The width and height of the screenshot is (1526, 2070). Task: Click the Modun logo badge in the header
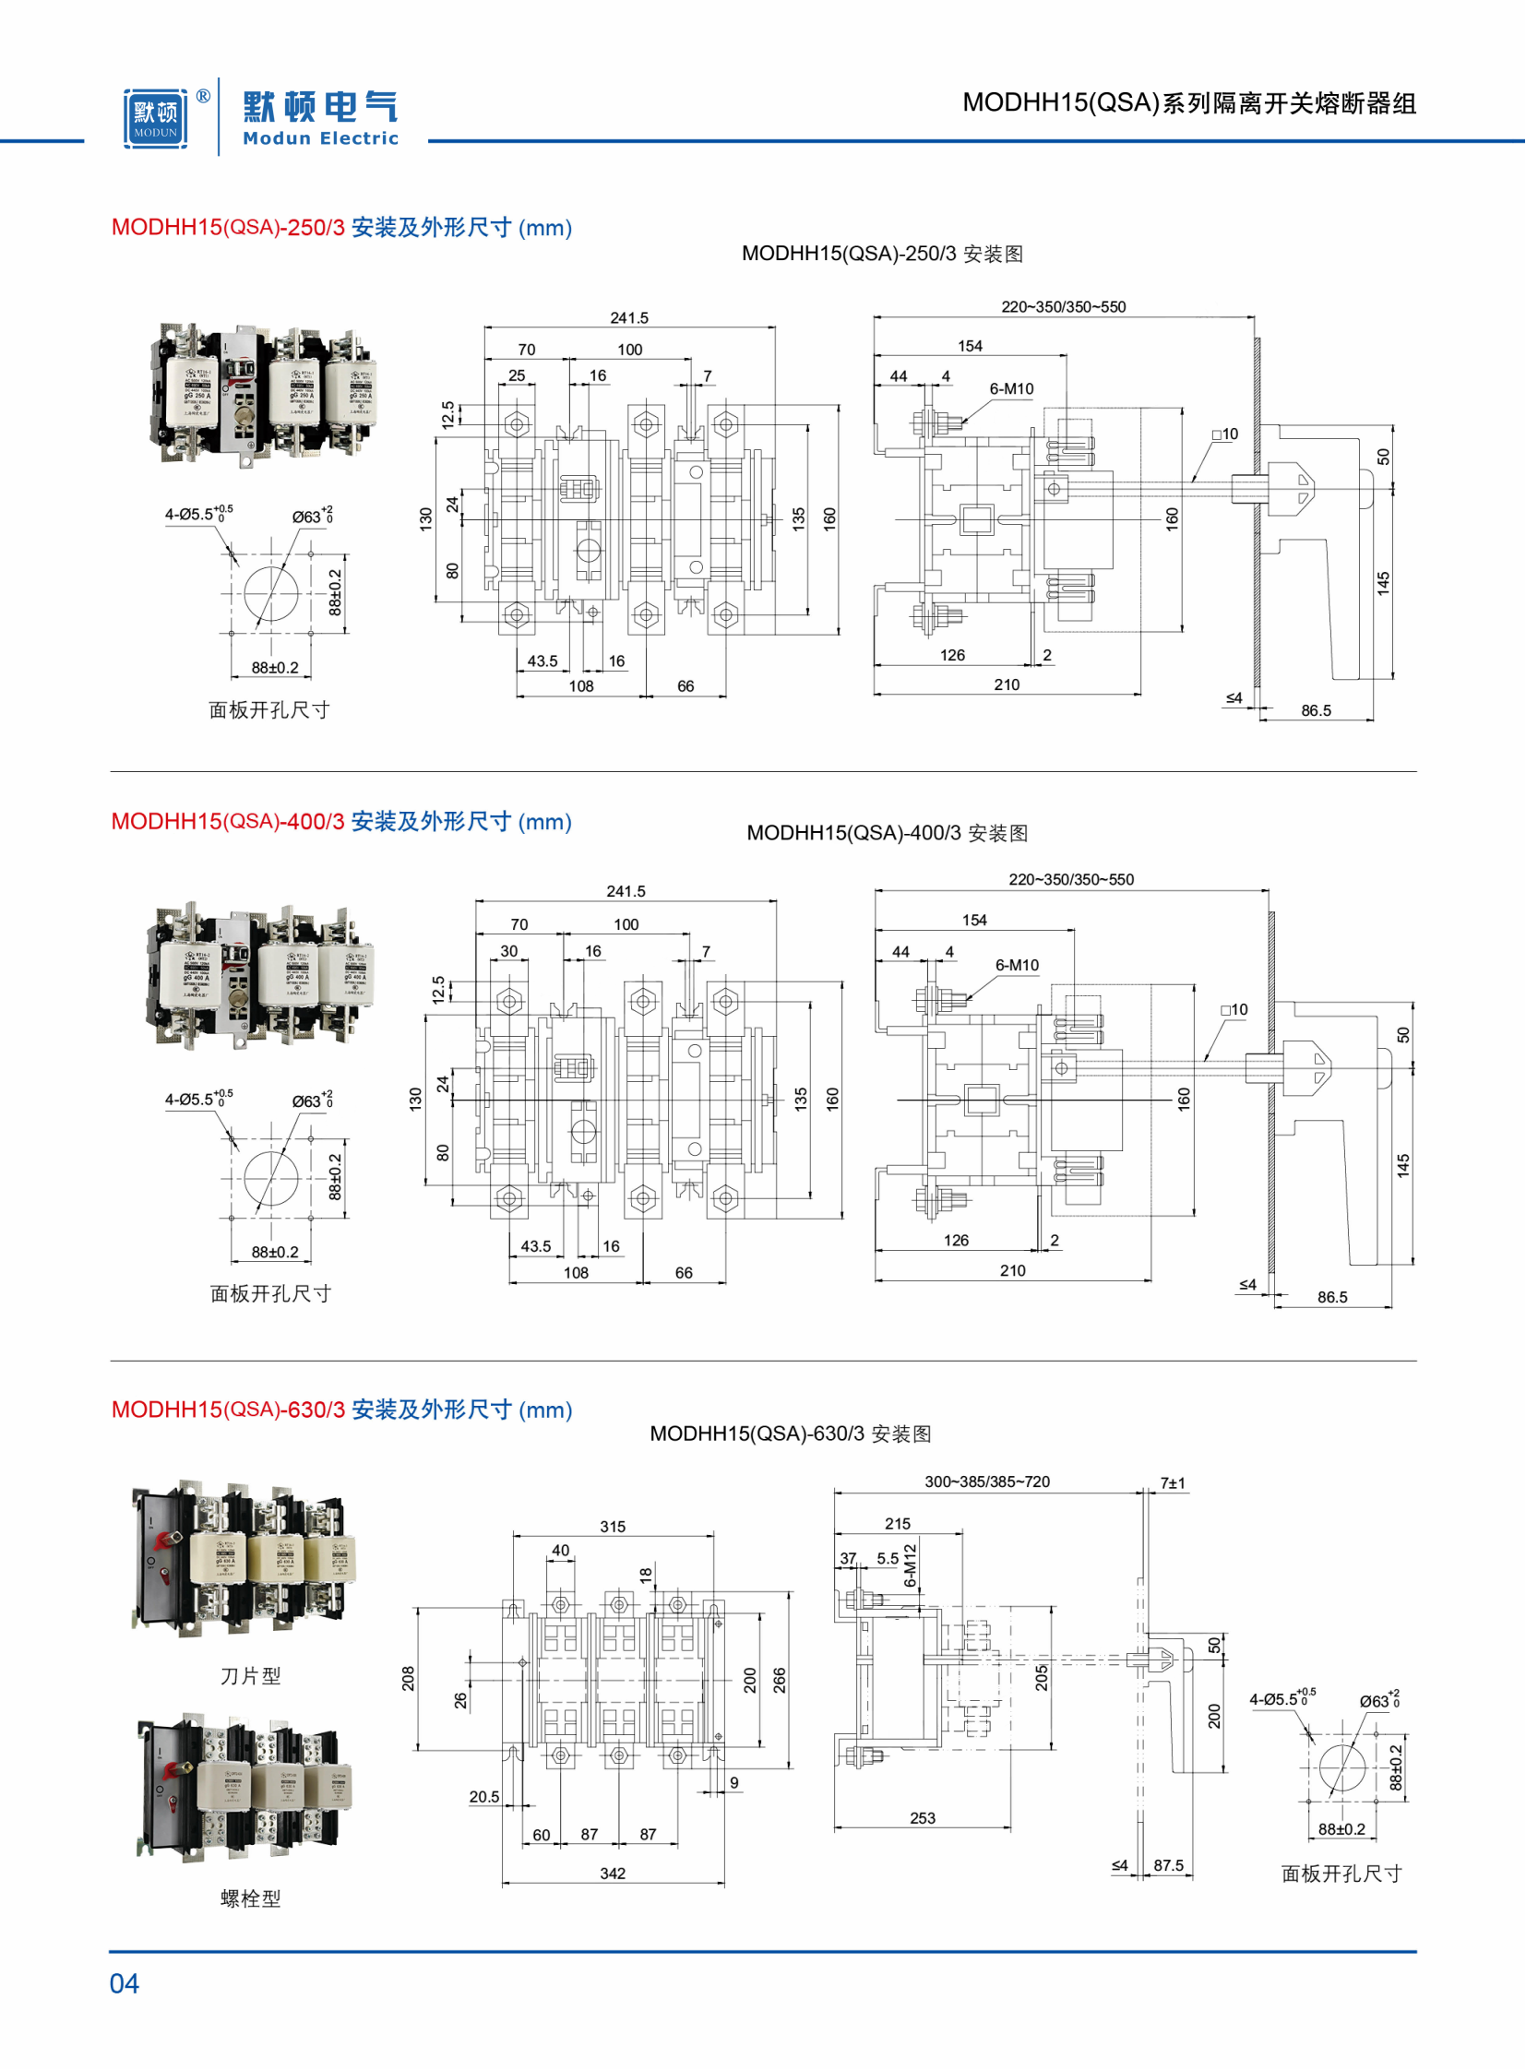(x=155, y=117)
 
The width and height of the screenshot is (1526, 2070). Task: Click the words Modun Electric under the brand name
(x=320, y=138)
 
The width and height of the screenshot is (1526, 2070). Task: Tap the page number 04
(x=124, y=1983)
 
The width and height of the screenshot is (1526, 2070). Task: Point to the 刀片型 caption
(x=250, y=1675)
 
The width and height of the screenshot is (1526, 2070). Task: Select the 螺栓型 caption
(x=250, y=1898)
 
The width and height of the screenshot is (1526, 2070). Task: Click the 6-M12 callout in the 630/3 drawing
(x=910, y=1564)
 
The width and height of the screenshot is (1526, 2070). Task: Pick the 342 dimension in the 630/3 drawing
(x=613, y=1874)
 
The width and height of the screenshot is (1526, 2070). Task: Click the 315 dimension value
(x=613, y=1527)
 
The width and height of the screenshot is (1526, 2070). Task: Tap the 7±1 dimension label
(x=1174, y=1483)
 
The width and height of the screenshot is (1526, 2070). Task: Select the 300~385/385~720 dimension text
(x=986, y=1481)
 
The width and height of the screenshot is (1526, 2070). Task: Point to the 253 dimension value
(x=922, y=1818)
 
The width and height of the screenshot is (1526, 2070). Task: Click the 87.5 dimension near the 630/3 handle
(x=1169, y=1865)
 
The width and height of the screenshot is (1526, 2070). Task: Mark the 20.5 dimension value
(x=484, y=1797)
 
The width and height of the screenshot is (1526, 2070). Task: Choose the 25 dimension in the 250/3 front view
(x=517, y=376)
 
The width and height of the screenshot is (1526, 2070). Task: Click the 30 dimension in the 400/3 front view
(x=509, y=950)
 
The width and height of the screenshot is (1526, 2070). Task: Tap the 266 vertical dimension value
(x=780, y=1680)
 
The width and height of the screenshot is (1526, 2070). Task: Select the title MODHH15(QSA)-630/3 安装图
(x=790, y=1434)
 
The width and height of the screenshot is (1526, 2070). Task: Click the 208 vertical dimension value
(x=409, y=1678)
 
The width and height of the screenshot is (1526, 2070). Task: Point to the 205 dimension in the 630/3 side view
(x=1041, y=1677)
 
